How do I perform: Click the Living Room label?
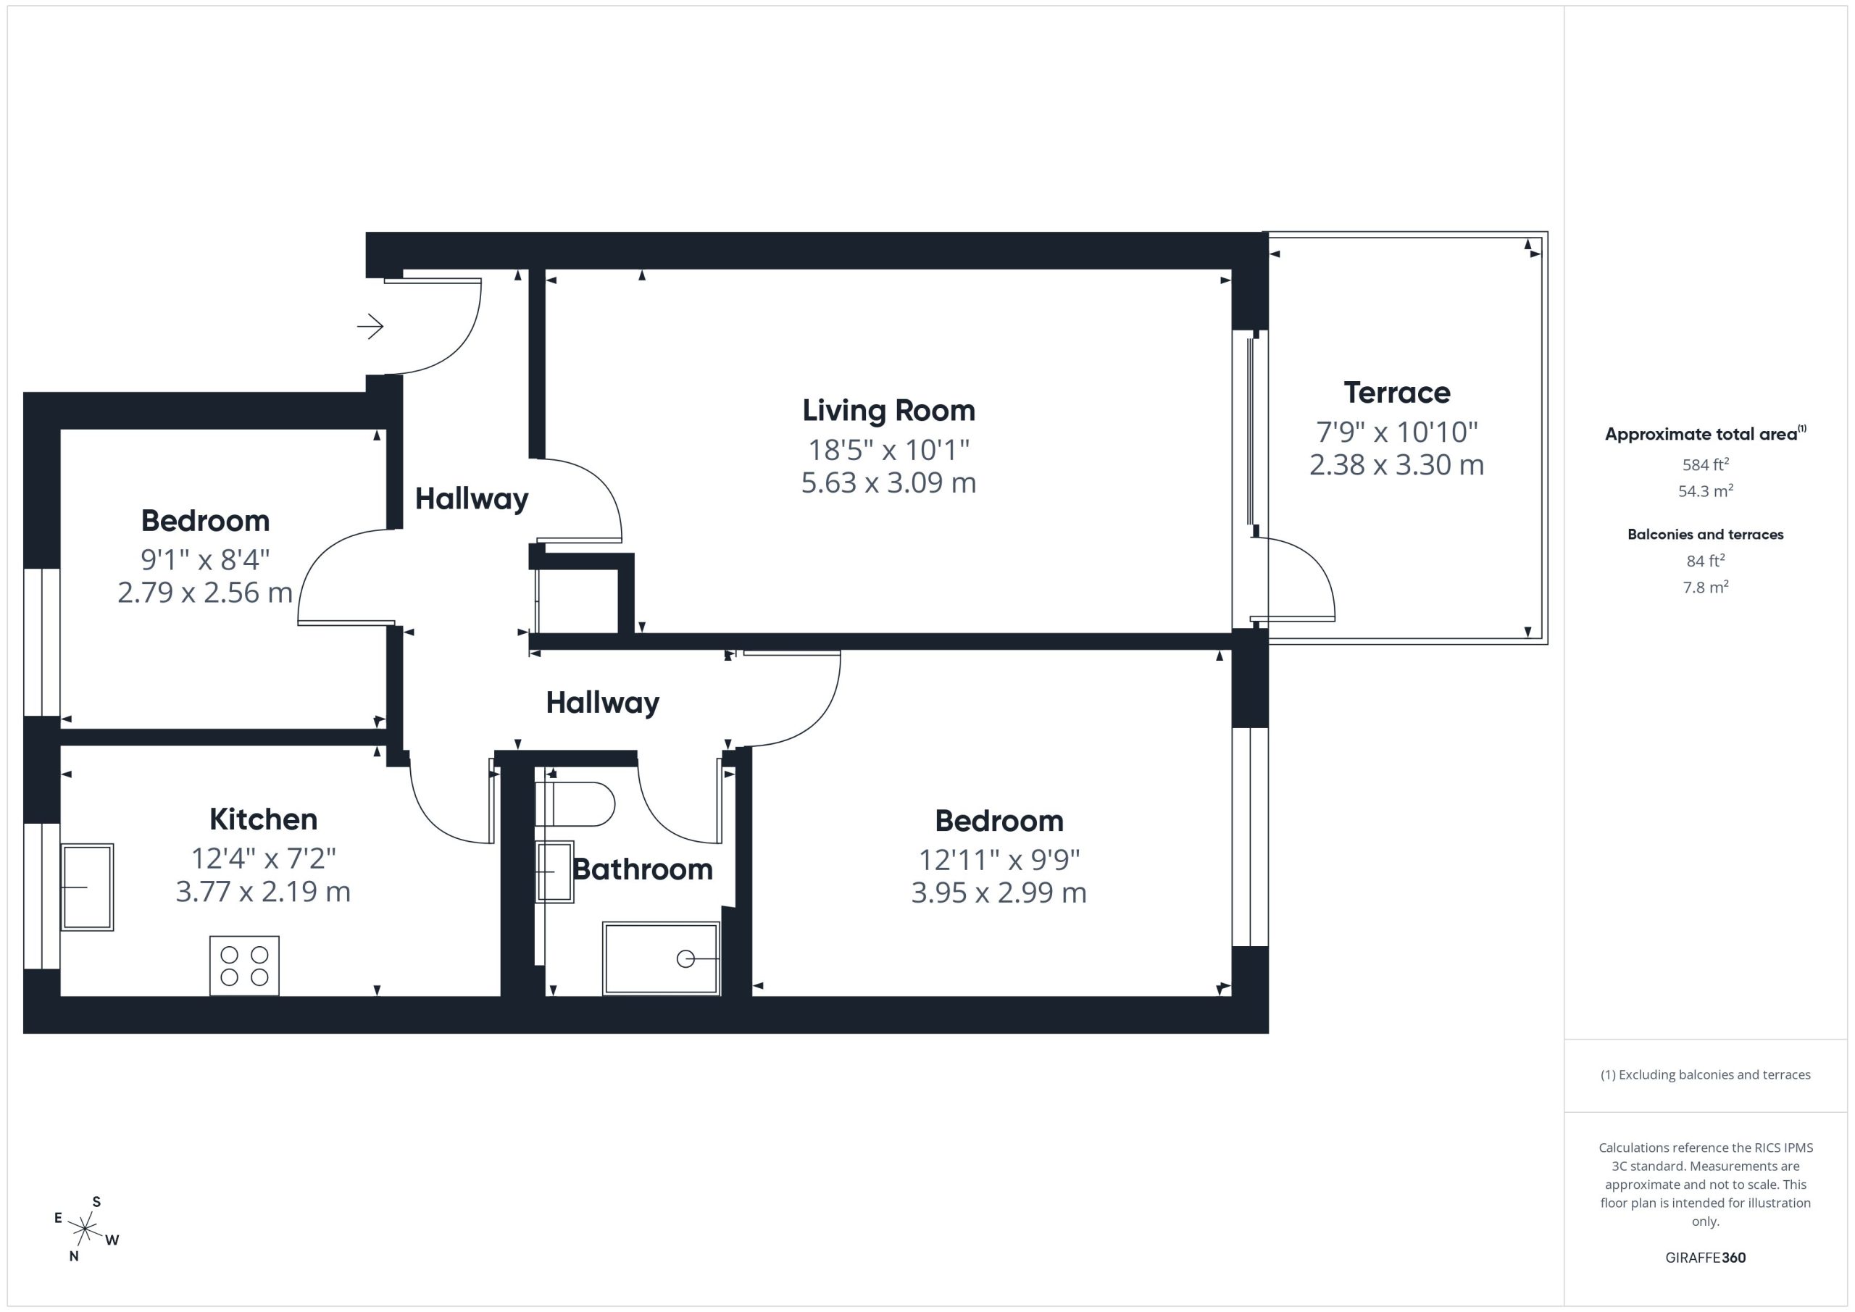888,410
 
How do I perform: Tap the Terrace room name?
1397,393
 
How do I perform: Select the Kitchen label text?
263,819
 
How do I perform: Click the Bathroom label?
642,869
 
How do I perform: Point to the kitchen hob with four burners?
244,966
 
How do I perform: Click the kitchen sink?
87,887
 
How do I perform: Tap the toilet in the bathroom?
575,804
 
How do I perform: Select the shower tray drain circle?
685,959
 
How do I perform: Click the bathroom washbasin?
554,872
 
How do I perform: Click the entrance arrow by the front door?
370,327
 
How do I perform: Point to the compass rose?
86,1229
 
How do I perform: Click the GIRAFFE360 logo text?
1706,1258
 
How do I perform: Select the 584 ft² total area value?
1706,464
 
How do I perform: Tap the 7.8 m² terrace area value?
1706,588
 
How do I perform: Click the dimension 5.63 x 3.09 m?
888,482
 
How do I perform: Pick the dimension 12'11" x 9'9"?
999,860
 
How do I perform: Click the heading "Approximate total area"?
1701,435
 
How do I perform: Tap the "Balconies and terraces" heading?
1706,534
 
